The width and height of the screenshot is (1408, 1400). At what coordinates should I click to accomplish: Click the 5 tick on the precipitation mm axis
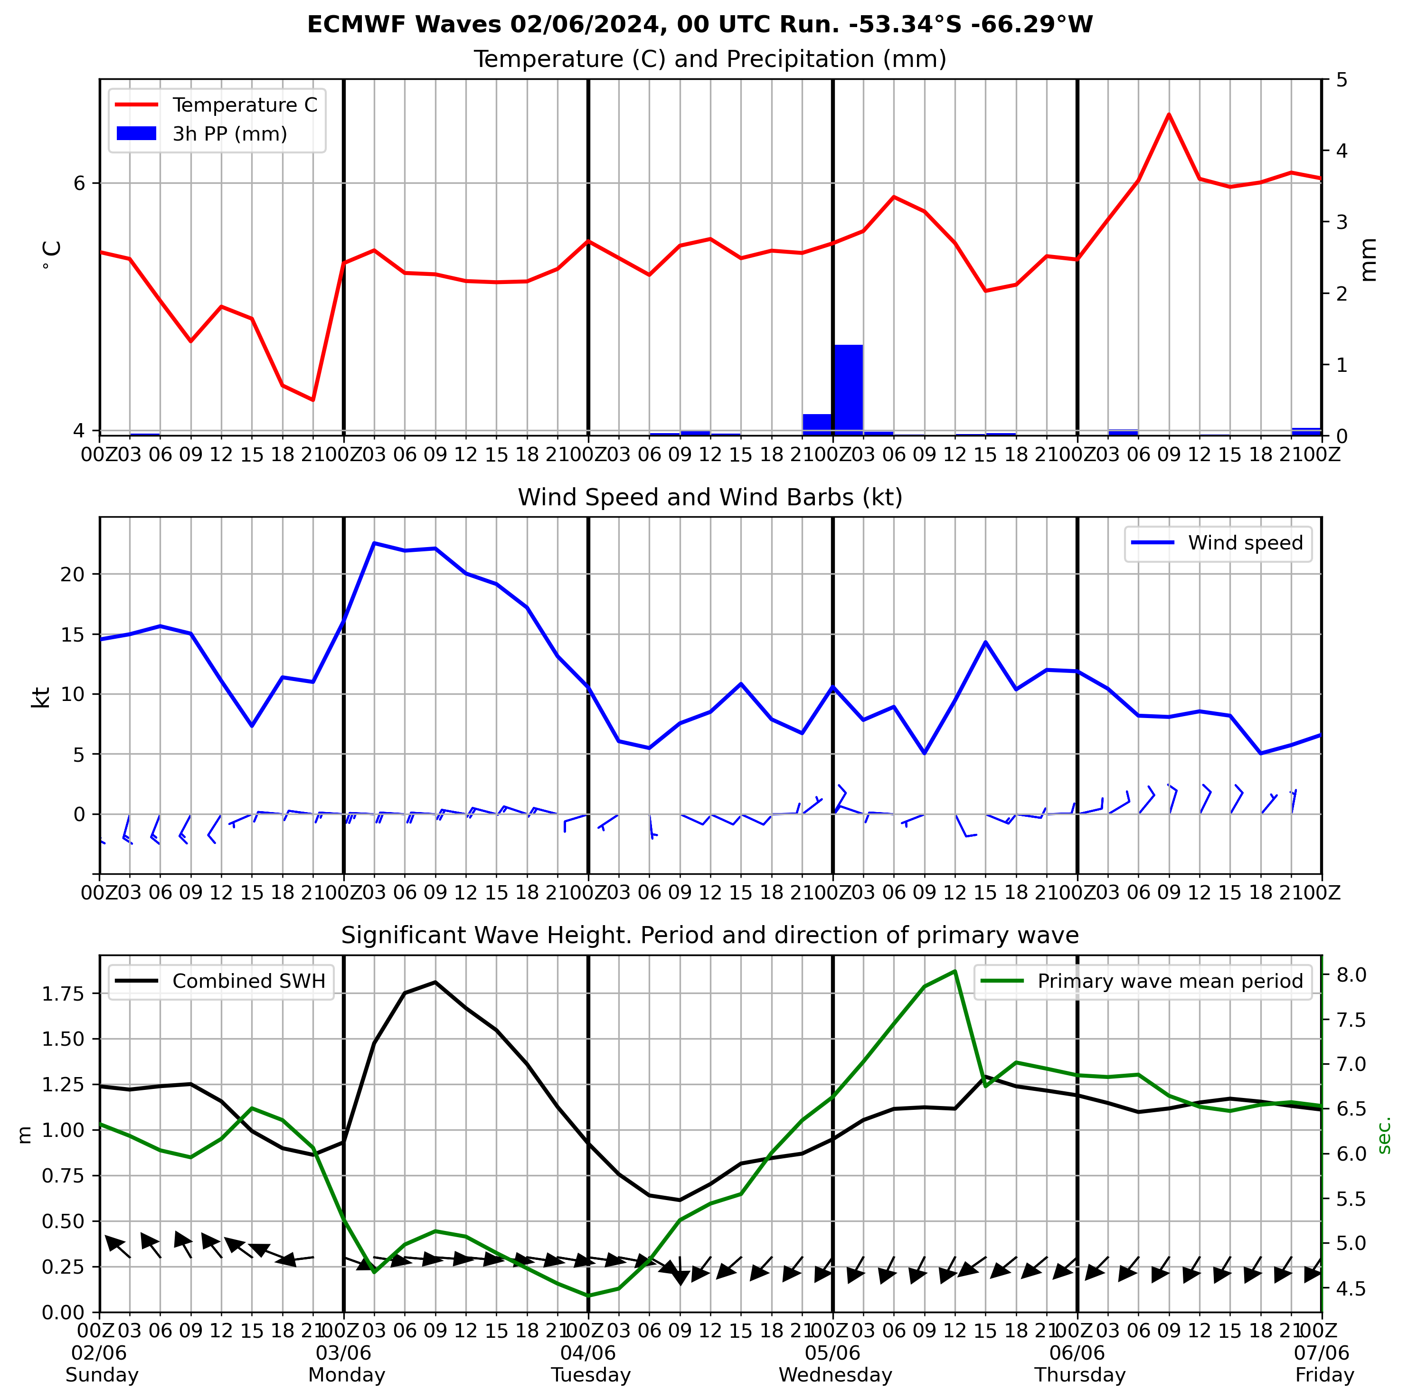(x=1340, y=79)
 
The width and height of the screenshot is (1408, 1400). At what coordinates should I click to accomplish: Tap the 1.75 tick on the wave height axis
(x=64, y=994)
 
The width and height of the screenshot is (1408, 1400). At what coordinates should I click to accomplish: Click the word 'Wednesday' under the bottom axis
(x=835, y=1375)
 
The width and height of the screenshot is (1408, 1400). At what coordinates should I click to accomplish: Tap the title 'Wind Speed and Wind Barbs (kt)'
(x=710, y=498)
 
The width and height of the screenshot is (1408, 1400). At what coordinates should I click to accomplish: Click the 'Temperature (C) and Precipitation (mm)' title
(x=710, y=59)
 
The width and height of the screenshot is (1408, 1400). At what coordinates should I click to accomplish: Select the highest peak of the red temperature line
(x=1169, y=114)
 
